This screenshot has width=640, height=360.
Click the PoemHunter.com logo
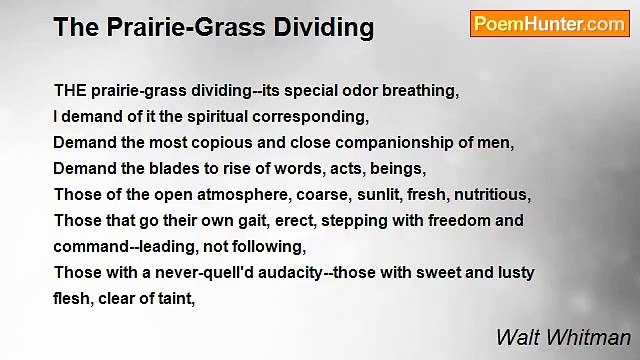pyautogui.click(x=549, y=23)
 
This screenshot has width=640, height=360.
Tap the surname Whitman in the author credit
pyautogui.click(x=595, y=336)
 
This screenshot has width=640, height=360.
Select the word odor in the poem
pyautogui.click(x=350, y=90)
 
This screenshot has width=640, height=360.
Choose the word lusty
pyautogui.click(x=513, y=272)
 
